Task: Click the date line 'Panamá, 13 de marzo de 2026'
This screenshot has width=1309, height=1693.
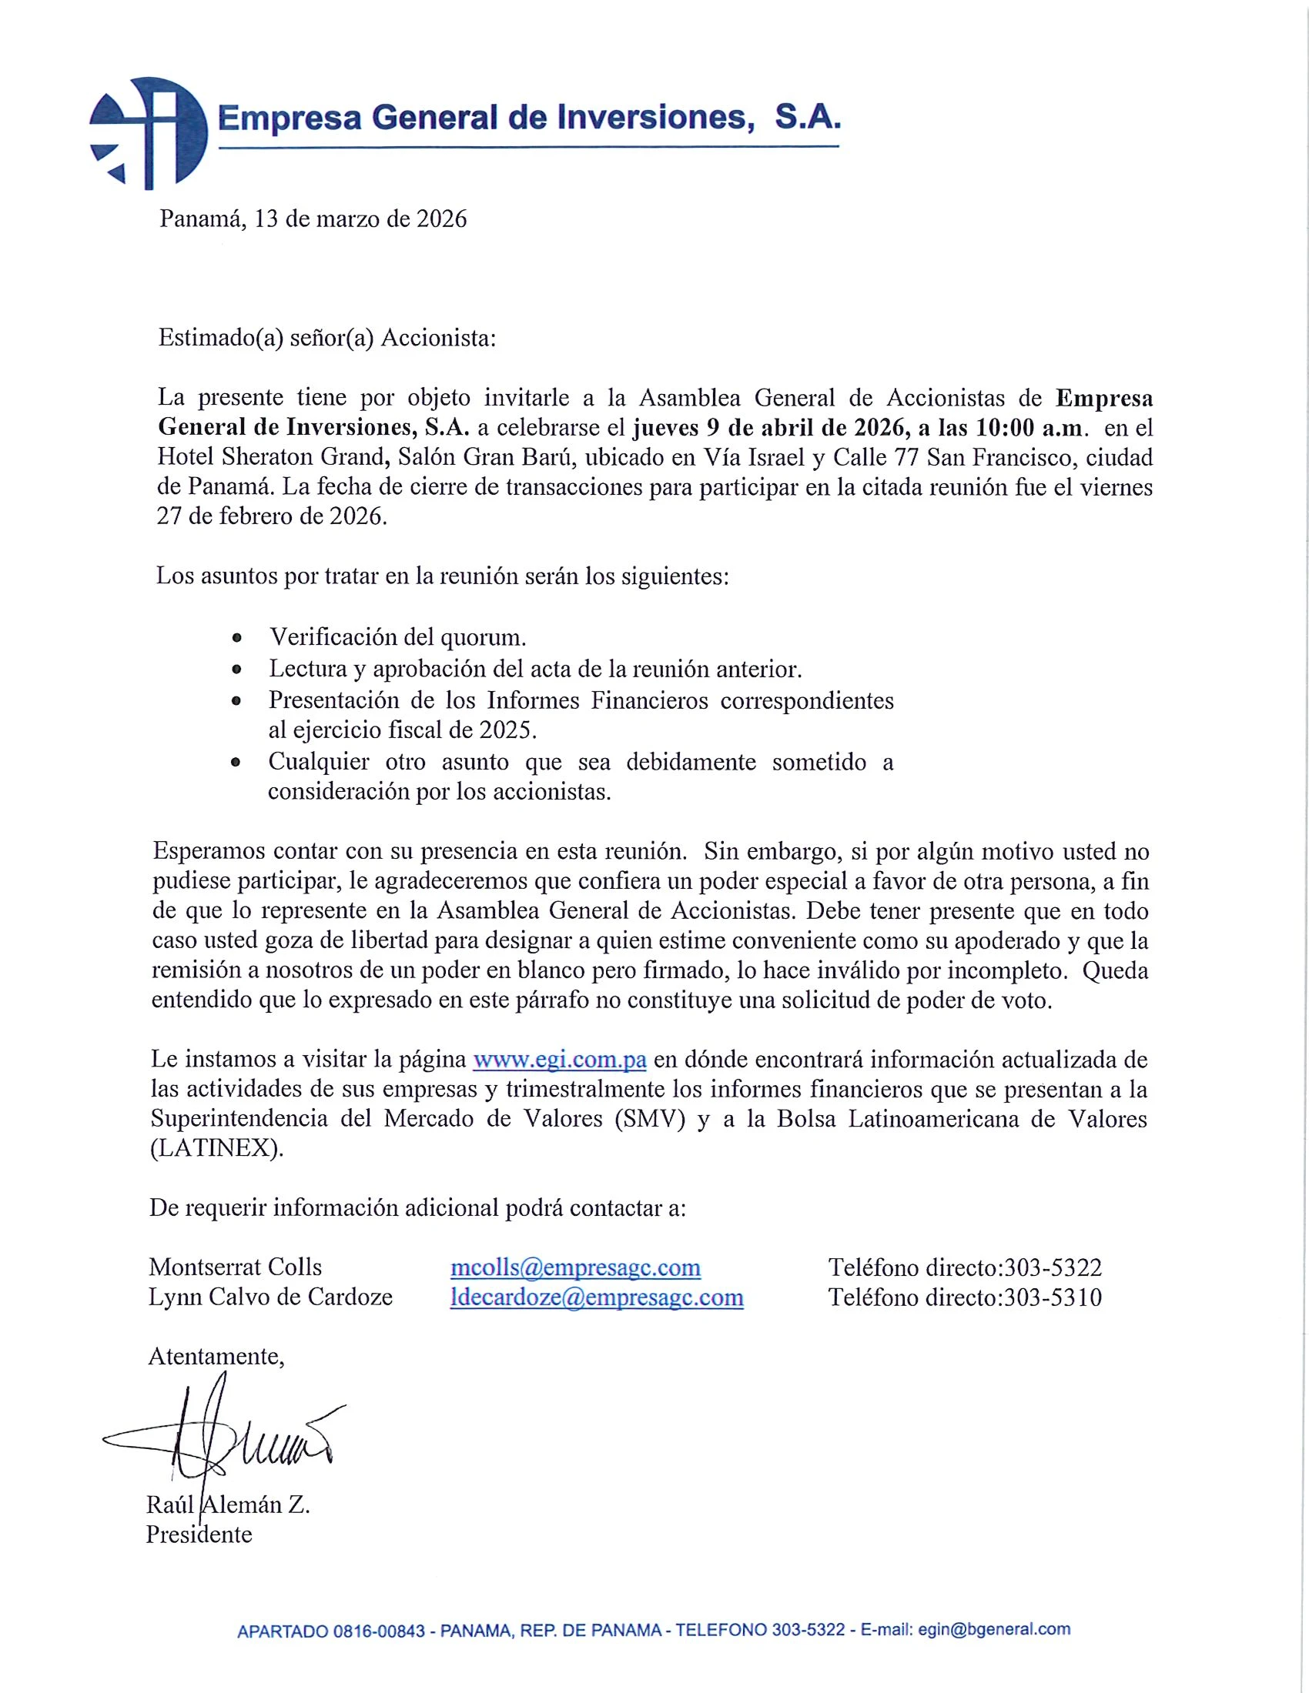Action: [313, 219]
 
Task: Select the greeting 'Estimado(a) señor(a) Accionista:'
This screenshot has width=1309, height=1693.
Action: [326, 338]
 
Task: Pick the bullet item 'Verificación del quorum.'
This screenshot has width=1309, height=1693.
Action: [398, 637]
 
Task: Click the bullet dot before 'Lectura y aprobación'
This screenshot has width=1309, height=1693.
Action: [236, 669]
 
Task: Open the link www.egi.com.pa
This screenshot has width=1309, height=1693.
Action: [559, 1059]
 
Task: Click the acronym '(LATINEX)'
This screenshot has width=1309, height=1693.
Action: [217, 1148]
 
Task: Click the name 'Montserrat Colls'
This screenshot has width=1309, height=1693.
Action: [235, 1267]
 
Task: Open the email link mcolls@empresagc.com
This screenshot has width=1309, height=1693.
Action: [575, 1267]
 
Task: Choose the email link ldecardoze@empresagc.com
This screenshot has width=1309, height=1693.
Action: [596, 1297]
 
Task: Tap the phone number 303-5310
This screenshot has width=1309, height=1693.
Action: [1053, 1297]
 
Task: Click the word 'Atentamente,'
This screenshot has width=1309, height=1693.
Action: [216, 1356]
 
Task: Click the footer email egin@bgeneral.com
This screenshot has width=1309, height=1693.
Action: [993, 1629]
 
